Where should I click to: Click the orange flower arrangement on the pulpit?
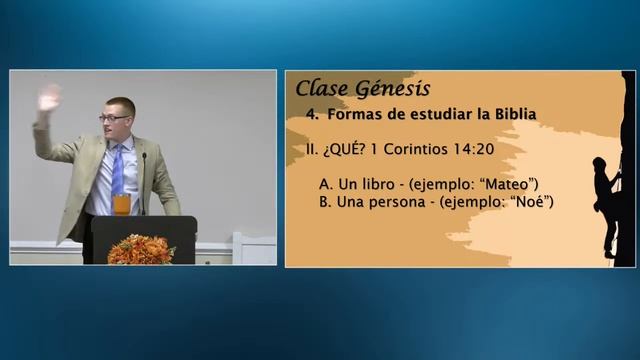coord(140,248)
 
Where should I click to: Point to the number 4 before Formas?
coord(311,114)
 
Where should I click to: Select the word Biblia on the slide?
coord(510,114)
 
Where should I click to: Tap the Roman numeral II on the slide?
coord(311,150)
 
